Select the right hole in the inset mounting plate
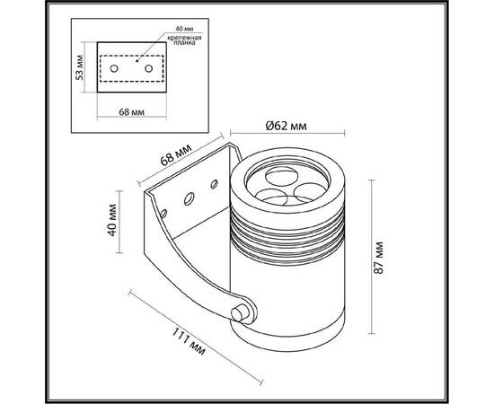click(x=147, y=65)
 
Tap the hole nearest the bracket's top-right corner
click(x=214, y=184)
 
